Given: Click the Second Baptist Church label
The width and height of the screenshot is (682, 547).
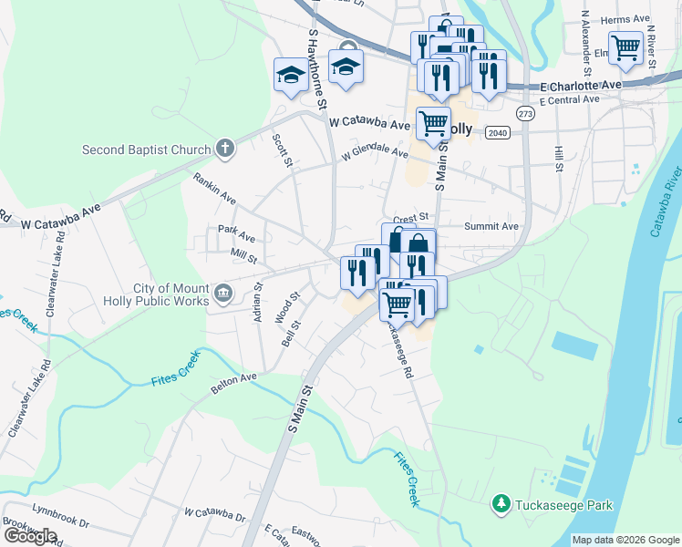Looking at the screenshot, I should coord(146,150).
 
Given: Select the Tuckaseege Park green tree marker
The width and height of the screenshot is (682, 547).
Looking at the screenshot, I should coord(500,503).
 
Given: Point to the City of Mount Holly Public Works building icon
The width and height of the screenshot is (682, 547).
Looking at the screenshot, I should coord(223,294).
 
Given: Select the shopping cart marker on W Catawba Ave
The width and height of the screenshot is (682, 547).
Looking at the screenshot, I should coord(433,121).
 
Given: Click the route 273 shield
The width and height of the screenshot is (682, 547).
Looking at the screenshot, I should coord(524,114).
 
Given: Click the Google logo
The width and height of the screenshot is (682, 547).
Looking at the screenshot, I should coord(30,536).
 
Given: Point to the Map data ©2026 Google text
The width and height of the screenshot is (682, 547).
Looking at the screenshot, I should coord(625,540).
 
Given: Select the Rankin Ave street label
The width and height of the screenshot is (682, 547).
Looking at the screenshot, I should coord(215,189).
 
